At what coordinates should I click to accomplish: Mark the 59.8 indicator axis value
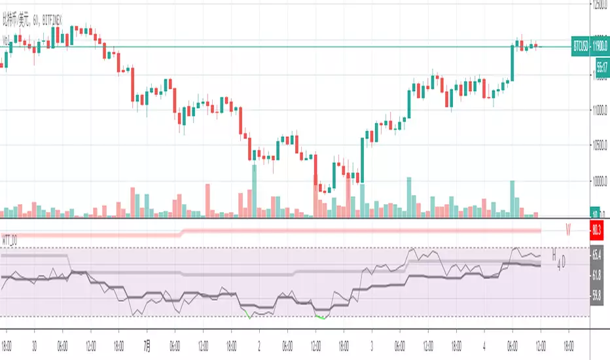[x=597, y=295]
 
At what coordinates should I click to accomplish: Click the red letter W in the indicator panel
[x=569, y=230]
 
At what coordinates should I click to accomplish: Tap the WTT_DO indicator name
[x=9, y=242]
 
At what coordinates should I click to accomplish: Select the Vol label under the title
[x=7, y=40]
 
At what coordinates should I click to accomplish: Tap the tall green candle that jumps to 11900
[x=512, y=63]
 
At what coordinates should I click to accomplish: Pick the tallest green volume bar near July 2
[x=253, y=190]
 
